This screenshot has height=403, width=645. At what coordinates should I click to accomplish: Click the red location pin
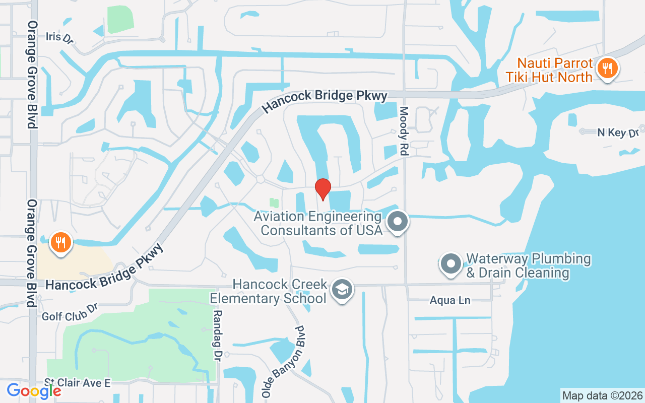322,189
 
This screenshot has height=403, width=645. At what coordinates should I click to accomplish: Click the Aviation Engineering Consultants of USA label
318,223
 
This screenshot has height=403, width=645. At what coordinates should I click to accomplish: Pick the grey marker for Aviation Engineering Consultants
398,221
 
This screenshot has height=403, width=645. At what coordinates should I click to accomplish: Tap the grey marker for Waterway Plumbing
450,263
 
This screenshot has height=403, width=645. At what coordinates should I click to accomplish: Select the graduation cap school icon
343,290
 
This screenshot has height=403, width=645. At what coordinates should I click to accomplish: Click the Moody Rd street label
404,131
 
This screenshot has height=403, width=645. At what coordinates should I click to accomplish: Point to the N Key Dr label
617,132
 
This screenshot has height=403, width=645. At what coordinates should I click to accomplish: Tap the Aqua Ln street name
450,301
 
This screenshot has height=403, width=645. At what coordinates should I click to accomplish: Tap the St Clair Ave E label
77,383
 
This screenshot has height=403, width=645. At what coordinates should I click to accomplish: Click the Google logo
33,390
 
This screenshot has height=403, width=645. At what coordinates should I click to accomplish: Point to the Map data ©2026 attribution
602,395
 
